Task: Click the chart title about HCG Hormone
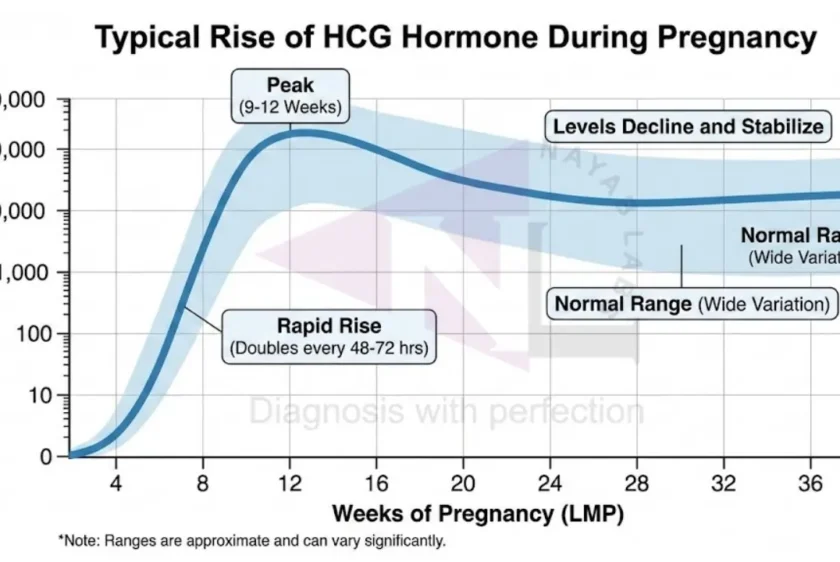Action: tap(455, 38)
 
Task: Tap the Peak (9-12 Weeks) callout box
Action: tap(290, 93)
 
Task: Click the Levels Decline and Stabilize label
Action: tap(688, 126)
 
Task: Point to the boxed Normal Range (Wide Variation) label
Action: tap(692, 303)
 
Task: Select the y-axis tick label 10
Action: tap(38, 395)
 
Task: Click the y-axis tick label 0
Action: tap(45, 456)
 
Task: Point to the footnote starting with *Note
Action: tap(252, 541)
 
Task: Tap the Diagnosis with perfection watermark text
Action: tap(446, 411)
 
